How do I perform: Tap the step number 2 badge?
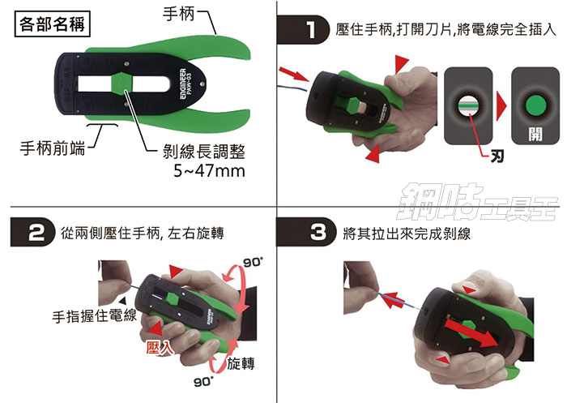[35, 234]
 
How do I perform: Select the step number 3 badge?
[317, 234]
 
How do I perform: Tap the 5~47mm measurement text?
[209, 171]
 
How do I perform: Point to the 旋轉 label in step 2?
[244, 362]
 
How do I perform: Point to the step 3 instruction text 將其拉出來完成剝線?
[406, 234]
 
